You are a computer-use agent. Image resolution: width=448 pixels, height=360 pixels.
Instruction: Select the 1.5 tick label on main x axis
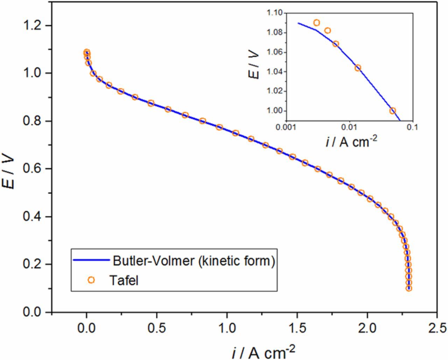[x=297, y=328]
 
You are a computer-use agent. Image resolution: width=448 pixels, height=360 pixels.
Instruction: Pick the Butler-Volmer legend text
[x=194, y=261]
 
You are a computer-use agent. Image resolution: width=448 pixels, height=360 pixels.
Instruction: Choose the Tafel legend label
[x=123, y=280]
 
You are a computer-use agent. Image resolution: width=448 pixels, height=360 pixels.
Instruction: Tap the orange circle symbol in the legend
[x=91, y=280]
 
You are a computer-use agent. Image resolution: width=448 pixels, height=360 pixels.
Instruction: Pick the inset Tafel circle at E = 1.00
[x=393, y=111]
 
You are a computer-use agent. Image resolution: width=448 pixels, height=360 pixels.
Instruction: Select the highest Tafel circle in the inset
[x=316, y=23]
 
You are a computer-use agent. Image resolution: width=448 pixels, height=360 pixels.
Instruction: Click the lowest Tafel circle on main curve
[x=408, y=288]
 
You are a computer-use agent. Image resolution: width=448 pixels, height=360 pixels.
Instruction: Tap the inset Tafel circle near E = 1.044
[x=358, y=68]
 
